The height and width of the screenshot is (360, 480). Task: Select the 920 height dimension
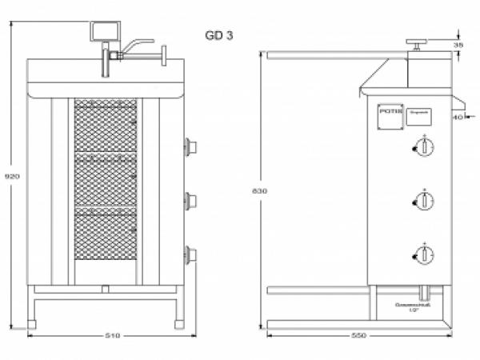tap(8, 176)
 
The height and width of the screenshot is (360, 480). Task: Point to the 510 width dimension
tap(113, 336)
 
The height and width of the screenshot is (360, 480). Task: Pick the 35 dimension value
tap(458, 46)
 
